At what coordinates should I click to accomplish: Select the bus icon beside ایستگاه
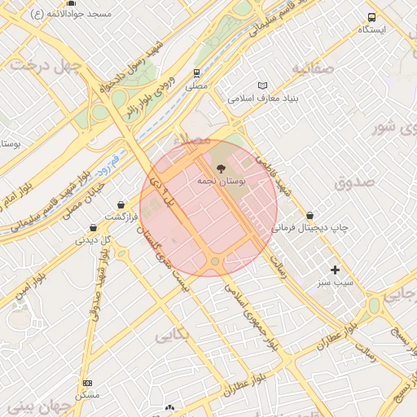tap(372, 17)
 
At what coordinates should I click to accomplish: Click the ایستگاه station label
tap(372, 29)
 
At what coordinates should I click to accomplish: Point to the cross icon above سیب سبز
tap(335, 269)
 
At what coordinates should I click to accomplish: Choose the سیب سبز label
tap(335, 281)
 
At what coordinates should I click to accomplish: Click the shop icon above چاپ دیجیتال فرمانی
tap(310, 216)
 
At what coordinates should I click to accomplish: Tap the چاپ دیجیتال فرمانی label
tap(310, 228)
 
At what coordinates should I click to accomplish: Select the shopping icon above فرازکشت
tap(121, 204)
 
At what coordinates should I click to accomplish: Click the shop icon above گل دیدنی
tap(93, 228)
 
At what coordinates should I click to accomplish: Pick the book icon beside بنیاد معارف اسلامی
tap(262, 86)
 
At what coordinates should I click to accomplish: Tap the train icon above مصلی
tap(196, 72)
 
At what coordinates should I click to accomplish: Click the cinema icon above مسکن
tap(87, 383)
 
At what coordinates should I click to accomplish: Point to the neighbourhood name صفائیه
tap(314, 69)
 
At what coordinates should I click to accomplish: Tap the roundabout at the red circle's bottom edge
tap(215, 261)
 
